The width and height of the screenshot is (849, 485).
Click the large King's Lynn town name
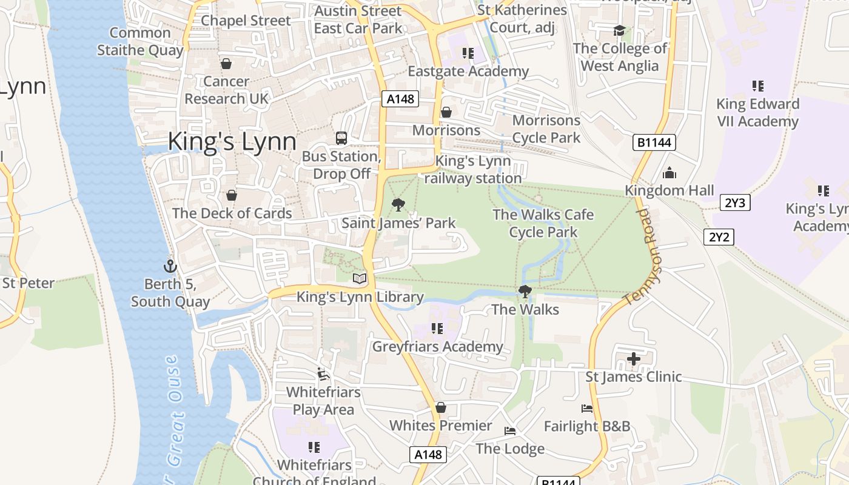point(232,141)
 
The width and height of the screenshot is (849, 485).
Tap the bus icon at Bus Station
point(341,138)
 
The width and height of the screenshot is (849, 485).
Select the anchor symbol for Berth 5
point(170,266)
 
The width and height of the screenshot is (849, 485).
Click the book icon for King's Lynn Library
point(360,278)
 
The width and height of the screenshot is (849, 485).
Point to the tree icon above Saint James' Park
point(398,204)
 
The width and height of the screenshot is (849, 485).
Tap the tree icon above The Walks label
point(525,292)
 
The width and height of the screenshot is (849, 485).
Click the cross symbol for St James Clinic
point(634,359)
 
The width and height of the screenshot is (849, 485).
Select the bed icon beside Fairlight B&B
point(586,409)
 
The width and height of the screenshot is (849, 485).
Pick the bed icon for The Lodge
point(510,431)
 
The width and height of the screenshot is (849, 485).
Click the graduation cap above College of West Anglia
point(619,30)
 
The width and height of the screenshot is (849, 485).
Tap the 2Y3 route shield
point(735,202)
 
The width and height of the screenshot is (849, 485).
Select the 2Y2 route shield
point(719,236)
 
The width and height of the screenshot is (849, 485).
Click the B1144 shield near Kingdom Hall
point(654,142)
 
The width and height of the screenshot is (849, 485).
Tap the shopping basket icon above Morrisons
point(446,112)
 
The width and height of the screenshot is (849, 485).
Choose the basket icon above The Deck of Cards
point(231,195)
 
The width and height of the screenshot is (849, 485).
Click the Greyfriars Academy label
point(437,347)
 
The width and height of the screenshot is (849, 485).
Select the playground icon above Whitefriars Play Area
point(323,374)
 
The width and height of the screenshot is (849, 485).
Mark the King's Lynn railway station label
point(473,170)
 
